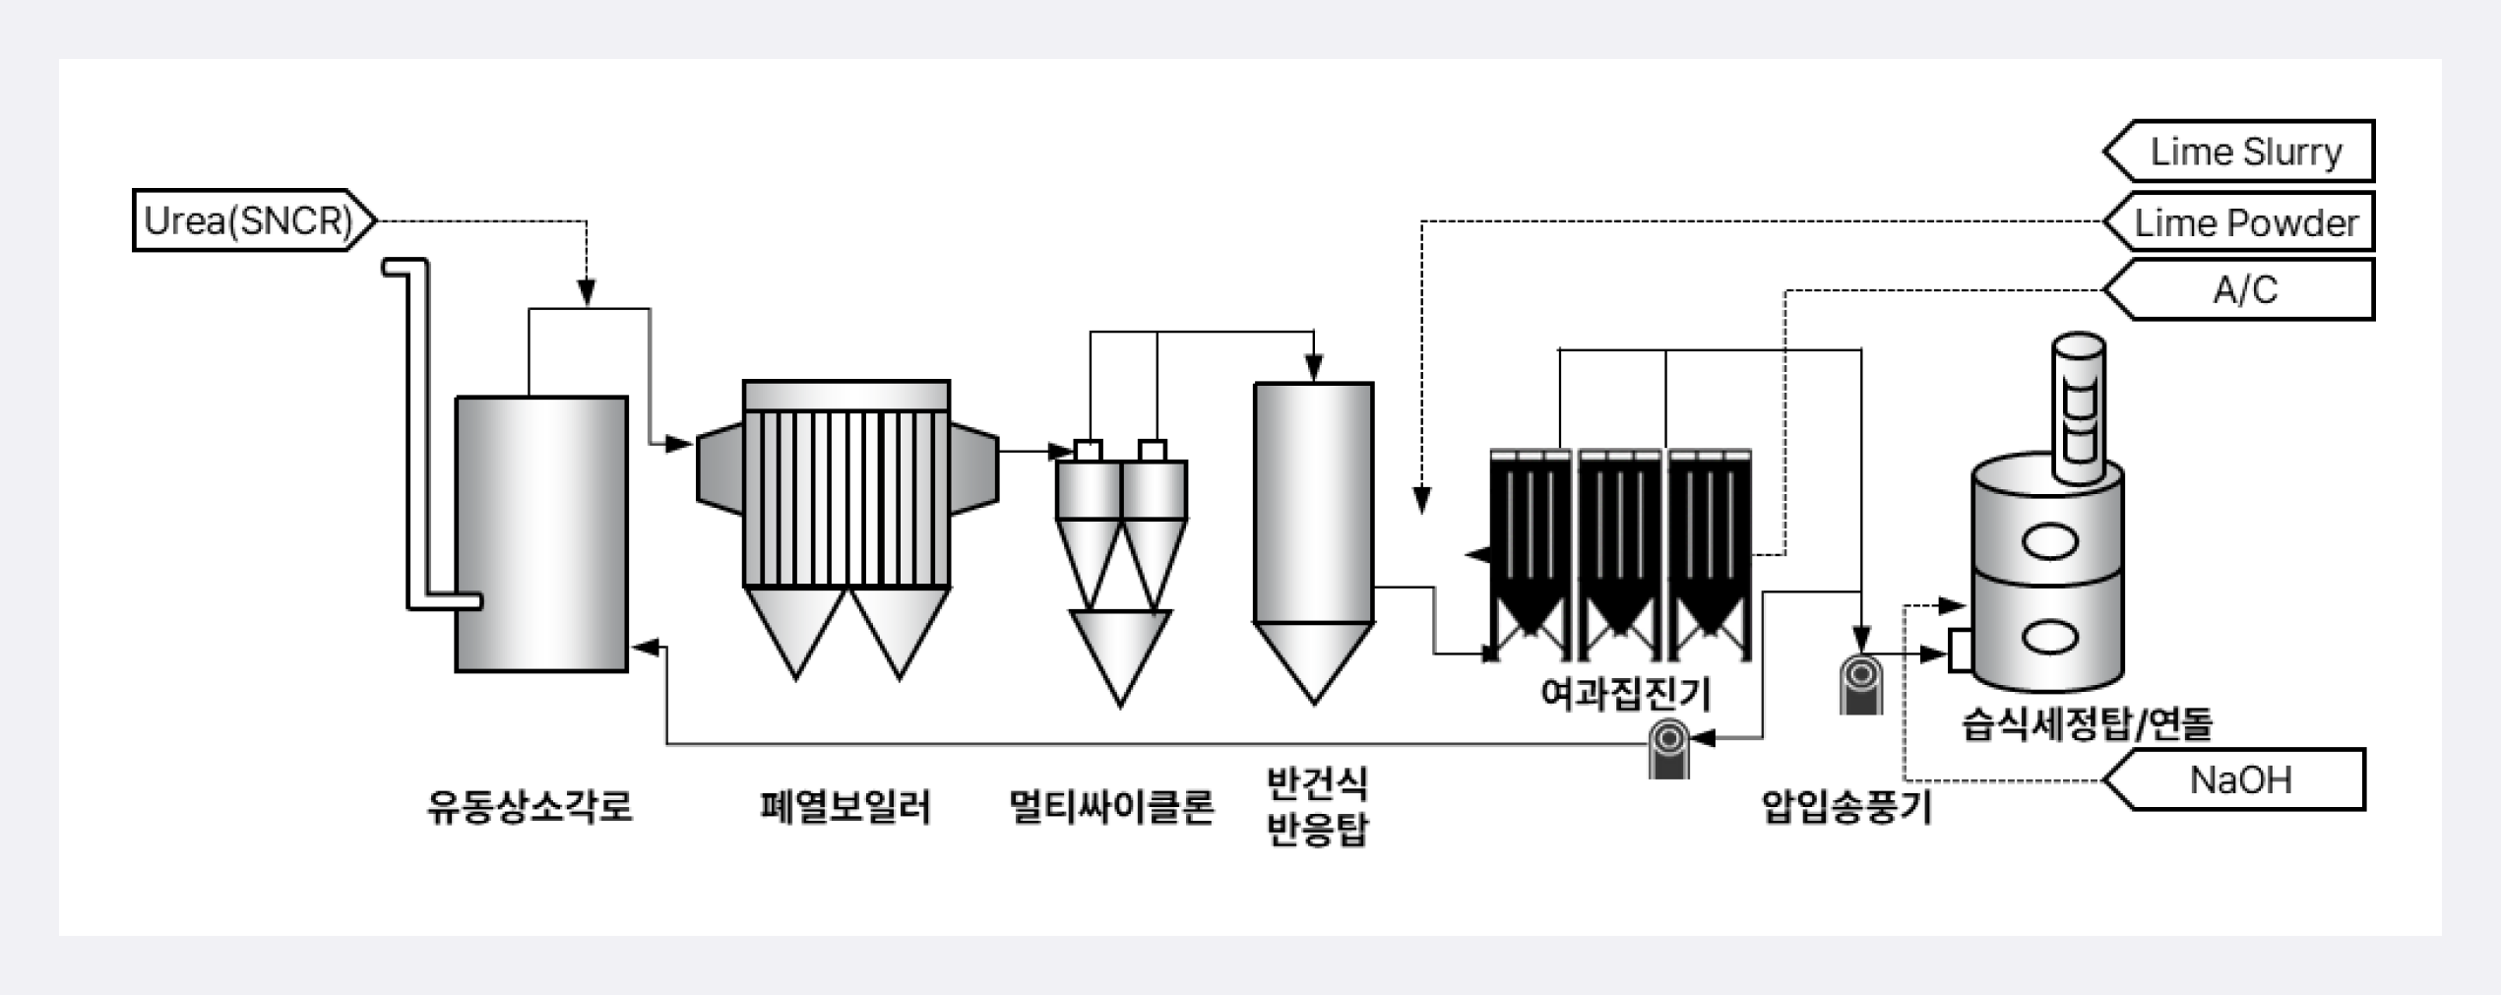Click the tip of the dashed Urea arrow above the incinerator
tap(587, 306)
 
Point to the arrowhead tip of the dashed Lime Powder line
tap(1421, 514)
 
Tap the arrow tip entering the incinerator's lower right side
tap(632, 647)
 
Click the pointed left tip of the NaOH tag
tap(2104, 780)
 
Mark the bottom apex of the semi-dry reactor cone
tap(1314, 705)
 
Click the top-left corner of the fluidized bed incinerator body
tap(457, 398)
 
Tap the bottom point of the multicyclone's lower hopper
tap(1120, 707)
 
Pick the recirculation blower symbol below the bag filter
tap(1669, 749)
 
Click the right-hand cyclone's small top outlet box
tap(1153, 450)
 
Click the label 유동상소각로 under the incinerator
tap(529, 807)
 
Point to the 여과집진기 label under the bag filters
tap(1626, 694)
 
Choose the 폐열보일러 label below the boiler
tap(845, 807)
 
